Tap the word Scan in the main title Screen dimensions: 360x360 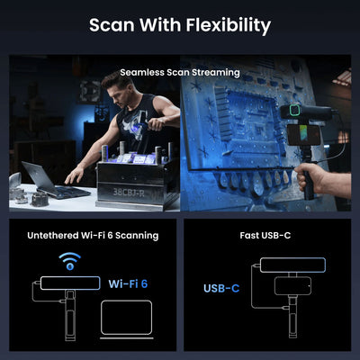(113, 25)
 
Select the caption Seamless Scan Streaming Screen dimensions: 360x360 (180, 71)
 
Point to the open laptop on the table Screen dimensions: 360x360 (57, 180)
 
